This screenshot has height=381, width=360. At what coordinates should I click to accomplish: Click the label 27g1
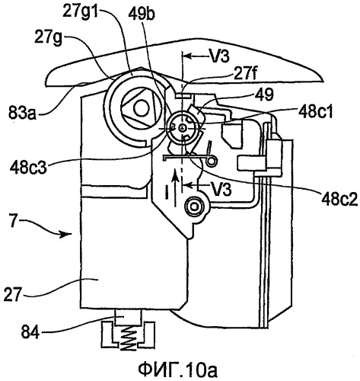(81, 11)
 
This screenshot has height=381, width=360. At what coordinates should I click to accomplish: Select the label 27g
(48, 39)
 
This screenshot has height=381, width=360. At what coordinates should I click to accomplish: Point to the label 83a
(22, 113)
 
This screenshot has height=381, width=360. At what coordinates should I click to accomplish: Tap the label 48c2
(339, 199)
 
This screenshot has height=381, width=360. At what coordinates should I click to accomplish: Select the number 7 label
(14, 222)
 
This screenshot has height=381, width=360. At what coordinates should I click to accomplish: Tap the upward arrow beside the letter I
(174, 188)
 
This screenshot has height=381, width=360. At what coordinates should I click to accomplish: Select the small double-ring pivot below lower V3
(194, 207)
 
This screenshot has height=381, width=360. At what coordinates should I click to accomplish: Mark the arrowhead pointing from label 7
(65, 234)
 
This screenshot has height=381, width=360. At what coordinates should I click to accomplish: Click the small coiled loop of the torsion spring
(211, 161)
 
